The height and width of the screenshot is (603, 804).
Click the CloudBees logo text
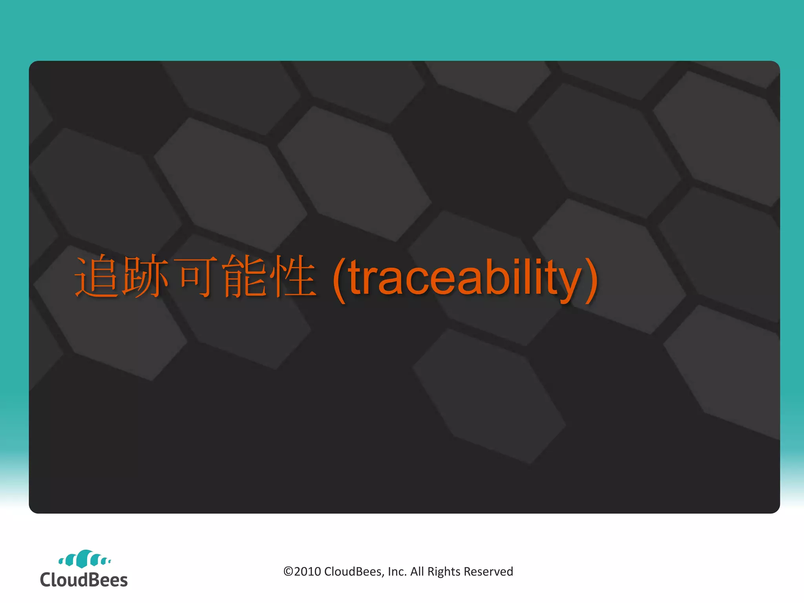point(84,580)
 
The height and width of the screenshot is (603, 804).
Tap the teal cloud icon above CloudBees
point(84,559)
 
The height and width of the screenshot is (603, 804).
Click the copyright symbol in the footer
point(288,572)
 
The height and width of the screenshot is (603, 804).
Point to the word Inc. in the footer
point(397,572)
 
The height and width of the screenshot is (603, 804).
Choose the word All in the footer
point(417,572)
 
